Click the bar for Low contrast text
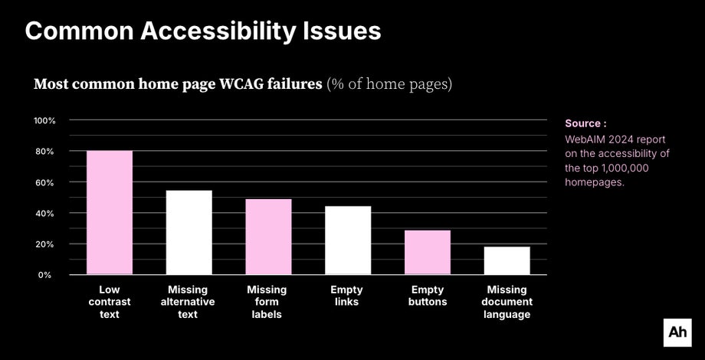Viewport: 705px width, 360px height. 110,212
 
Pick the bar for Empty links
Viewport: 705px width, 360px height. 348,240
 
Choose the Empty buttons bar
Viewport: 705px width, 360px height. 428,252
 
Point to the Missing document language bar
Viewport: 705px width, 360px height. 507,260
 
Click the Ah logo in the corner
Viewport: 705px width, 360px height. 677,332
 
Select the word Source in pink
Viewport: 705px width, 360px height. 583,123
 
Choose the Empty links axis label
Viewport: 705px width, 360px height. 346,296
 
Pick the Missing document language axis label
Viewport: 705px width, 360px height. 507,302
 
